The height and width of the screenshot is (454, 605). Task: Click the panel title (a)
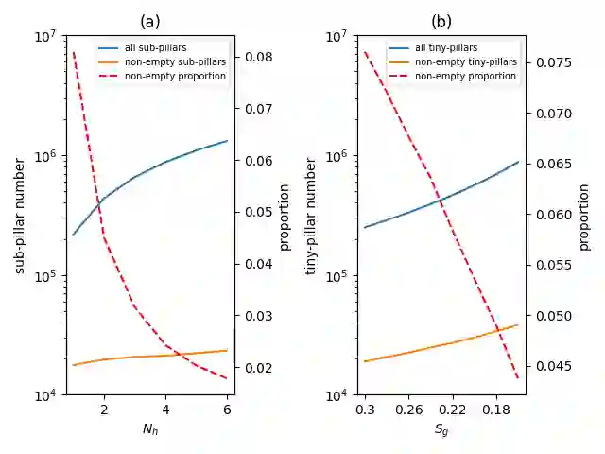click(x=150, y=21)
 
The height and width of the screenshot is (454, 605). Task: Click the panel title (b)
click(x=441, y=21)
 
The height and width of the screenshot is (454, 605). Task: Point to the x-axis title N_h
click(x=150, y=428)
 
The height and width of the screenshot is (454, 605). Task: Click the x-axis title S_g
click(x=441, y=428)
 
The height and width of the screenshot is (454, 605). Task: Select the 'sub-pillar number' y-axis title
click(x=21, y=217)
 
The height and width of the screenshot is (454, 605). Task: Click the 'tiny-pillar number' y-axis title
click(x=312, y=217)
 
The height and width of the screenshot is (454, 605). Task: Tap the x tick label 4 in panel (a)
click(x=165, y=410)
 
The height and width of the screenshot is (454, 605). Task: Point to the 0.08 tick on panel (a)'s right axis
click(x=255, y=57)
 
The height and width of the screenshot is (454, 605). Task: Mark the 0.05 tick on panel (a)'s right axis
click(x=255, y=212)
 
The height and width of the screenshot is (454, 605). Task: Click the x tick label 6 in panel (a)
click(x=227, y=410)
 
